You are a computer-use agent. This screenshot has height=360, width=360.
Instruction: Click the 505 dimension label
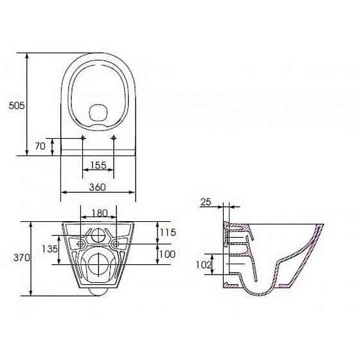pos(17,105)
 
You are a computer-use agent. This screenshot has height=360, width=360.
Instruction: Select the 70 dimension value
pos(40,146)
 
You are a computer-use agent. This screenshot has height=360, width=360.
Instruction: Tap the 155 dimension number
pos(98,165)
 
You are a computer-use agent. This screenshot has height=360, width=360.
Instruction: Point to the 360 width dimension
pos(98,187)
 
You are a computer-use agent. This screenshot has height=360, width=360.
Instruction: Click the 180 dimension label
pos(100,213)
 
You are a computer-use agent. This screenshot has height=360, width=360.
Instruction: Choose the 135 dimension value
pos(50,249)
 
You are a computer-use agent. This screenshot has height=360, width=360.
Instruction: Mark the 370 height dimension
pos(22,258)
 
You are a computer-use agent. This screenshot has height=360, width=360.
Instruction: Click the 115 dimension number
pos(168,232)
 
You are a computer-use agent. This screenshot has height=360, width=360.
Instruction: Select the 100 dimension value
pos(167,254)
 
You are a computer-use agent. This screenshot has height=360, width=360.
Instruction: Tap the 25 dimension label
pos(206,202)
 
